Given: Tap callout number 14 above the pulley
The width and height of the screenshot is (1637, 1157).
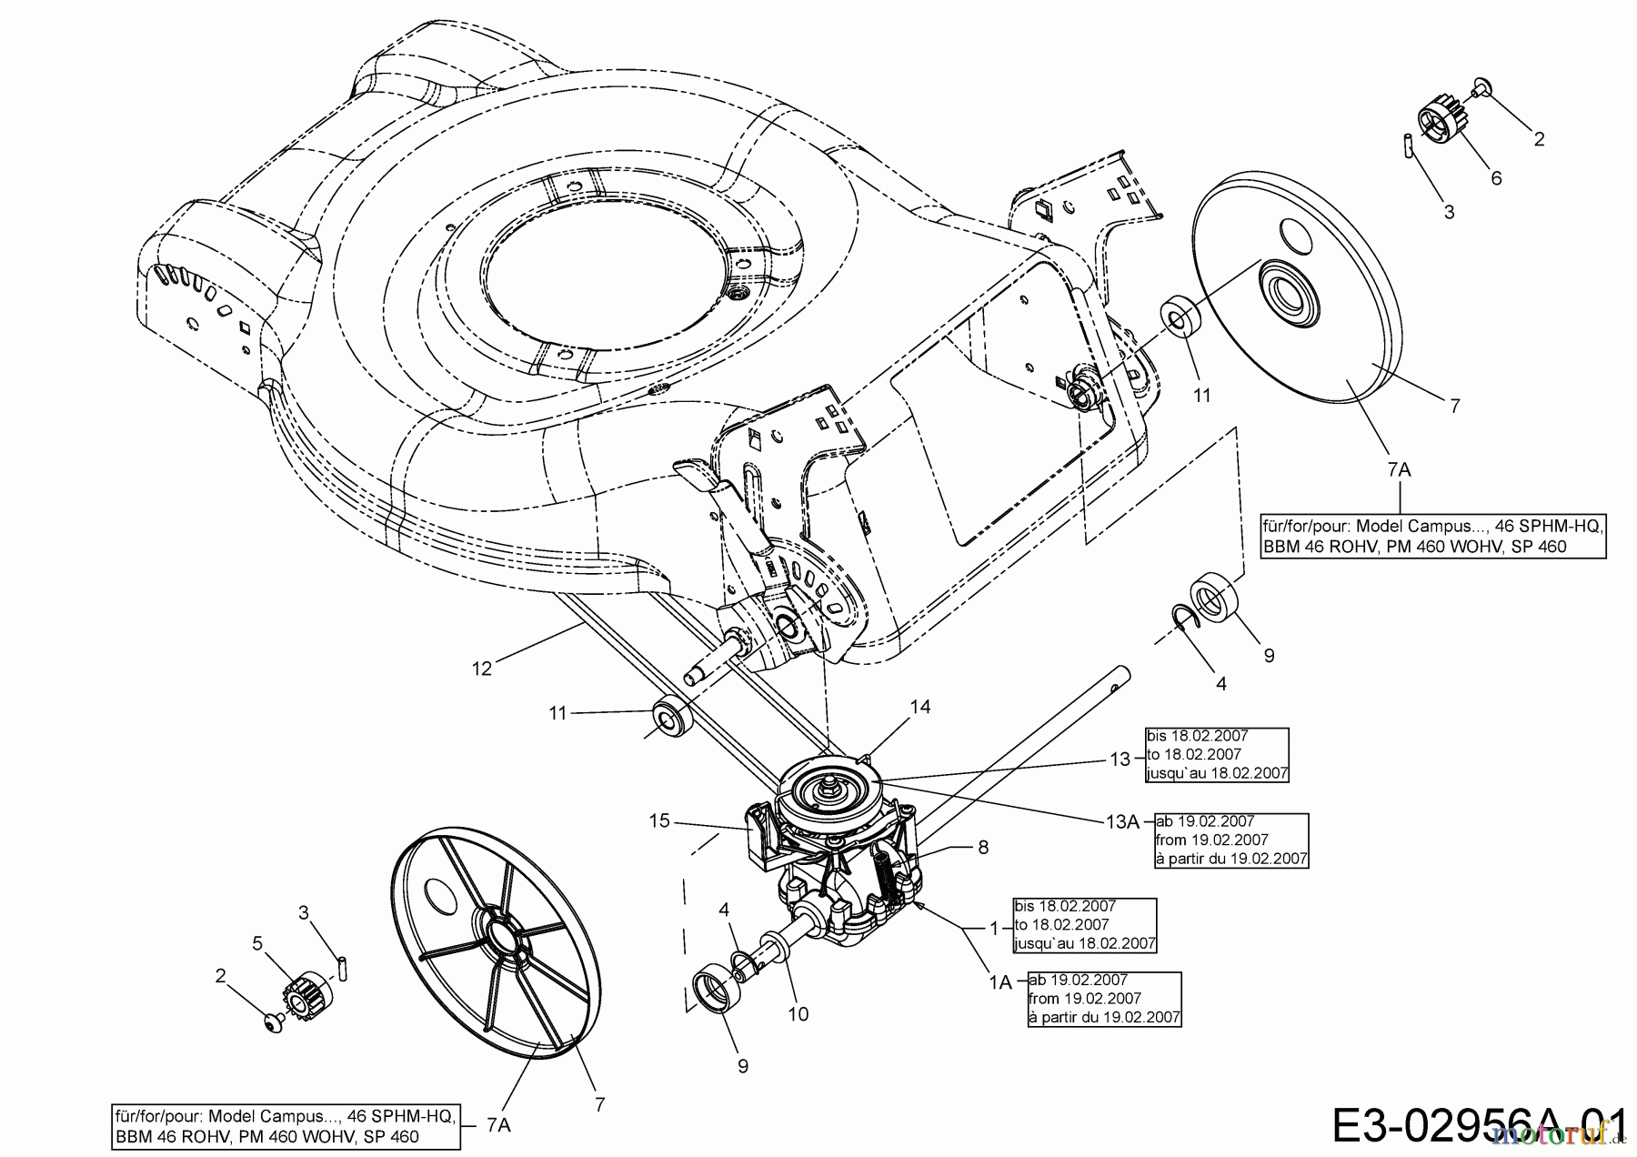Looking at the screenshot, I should click(x=920, y=707).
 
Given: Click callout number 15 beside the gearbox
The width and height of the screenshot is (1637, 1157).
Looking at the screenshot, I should click(x=659, y=821).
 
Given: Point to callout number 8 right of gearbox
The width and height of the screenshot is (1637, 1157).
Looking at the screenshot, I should click(x=983, y=847).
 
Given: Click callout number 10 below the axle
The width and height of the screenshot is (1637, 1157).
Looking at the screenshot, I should click(x=798, y=1013).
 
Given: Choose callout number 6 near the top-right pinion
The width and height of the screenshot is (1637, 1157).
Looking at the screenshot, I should click(x=1496, y=178).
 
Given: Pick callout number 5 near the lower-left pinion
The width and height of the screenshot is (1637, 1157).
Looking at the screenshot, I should click(x=257, y=943).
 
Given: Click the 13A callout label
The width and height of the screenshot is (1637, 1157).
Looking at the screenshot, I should click(x=1122, y=822).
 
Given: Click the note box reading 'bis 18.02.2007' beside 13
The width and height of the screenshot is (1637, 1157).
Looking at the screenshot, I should click(x=1217, y=754).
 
